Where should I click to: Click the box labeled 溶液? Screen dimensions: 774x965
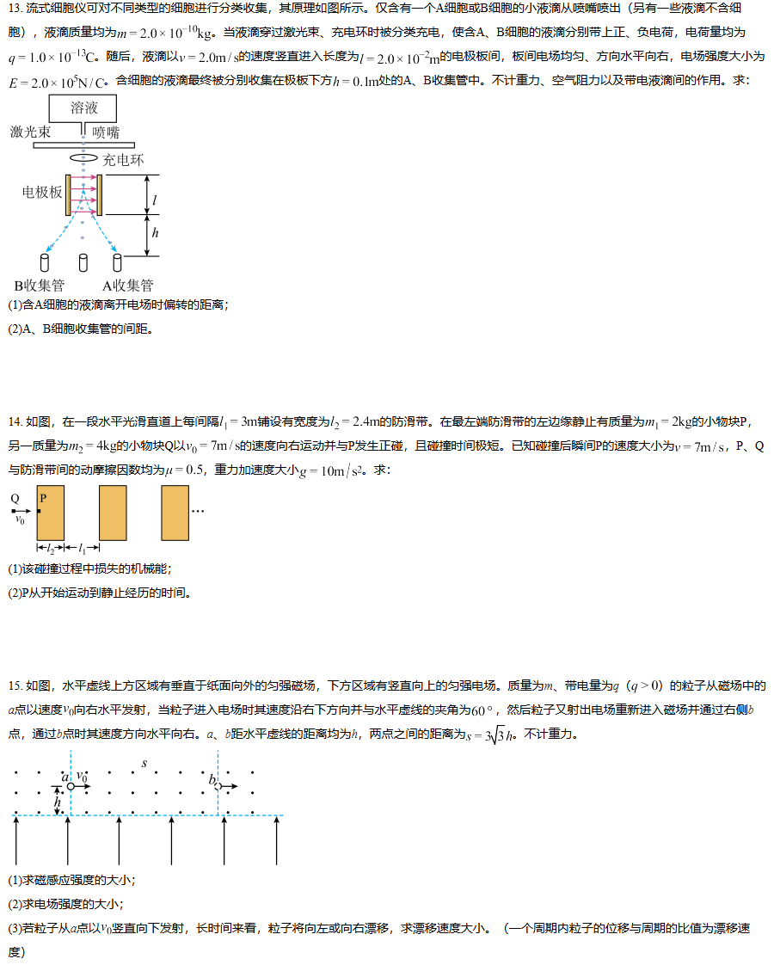[x=83, y=108]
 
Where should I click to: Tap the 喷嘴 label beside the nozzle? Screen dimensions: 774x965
[x=106, y=132]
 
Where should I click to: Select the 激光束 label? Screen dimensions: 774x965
[x=30, y=132]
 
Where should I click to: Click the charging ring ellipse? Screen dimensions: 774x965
[x=83, y=157]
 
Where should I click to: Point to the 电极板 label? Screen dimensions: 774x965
[x=42, y=192]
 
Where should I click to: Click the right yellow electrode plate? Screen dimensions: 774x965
[x=100, y=195]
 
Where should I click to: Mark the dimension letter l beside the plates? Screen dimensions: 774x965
[x=155, y=200]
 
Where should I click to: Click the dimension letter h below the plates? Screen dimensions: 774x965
[x=155, y=232]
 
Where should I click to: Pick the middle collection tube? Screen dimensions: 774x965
[x=83, y=263]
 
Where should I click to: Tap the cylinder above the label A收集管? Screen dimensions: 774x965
[x=117, y=263]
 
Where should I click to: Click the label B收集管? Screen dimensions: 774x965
[x=40, y=286]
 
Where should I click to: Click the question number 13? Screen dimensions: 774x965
[x=15, y=8]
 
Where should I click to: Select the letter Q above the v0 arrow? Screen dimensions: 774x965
[x=15, y=499]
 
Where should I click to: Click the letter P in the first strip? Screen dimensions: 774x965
[x=43, y=498]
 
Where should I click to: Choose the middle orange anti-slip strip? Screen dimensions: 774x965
[x=114, y=513]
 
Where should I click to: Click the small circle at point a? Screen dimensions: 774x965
[x=71, y=786]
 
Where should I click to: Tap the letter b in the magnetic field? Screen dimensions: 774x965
[x=212, y=780]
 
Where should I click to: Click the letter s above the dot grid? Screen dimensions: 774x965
[x=144, y=764]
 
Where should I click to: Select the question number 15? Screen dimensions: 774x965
[x=15, y=685]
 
